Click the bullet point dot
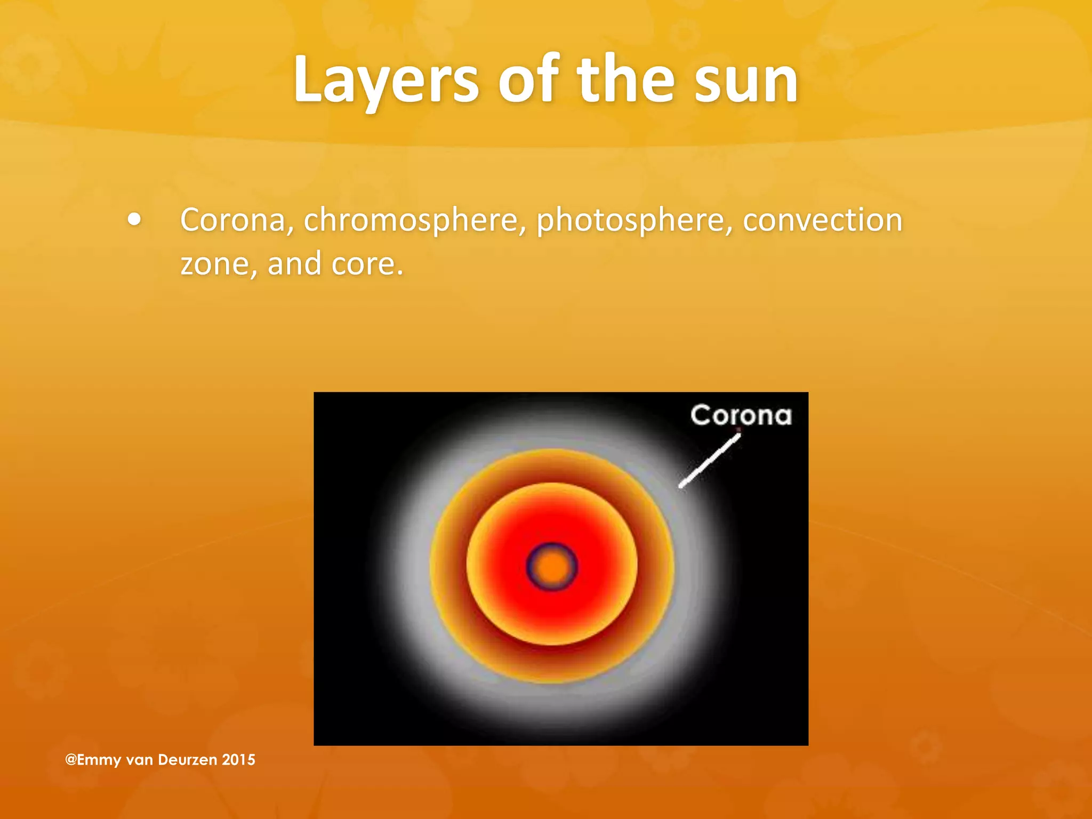(x=135, y=220)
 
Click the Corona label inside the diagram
(x=741, y=415)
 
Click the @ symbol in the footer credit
(x=71, y=760)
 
